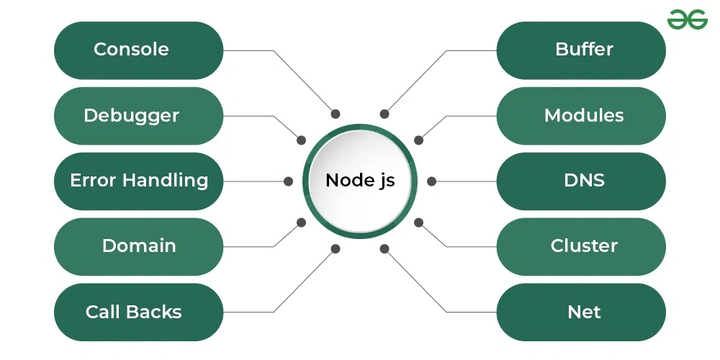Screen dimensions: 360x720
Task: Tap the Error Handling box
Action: click(138, 181)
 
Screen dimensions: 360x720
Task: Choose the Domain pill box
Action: click(138, 246)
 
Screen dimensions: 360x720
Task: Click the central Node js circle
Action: click(360, 181)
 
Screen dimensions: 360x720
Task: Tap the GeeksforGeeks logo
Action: click(687, 19)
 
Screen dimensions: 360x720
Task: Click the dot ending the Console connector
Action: click(335, 114)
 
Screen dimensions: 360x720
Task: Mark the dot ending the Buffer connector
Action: click(384, 114)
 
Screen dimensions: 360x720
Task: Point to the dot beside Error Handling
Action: click(288, 181)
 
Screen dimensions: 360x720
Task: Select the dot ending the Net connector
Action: click(384, 249)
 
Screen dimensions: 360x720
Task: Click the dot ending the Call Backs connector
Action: click(335, 249)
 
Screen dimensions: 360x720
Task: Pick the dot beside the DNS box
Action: click(431, 181)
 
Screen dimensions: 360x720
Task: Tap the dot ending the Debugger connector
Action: click(301, 140)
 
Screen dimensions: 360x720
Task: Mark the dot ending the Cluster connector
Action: click(418, 222)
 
